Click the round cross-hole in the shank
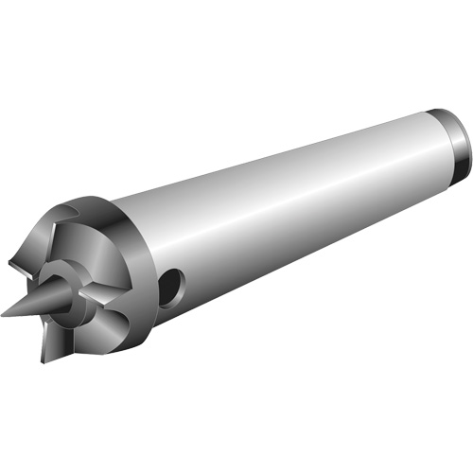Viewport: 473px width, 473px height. click(169, 289)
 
